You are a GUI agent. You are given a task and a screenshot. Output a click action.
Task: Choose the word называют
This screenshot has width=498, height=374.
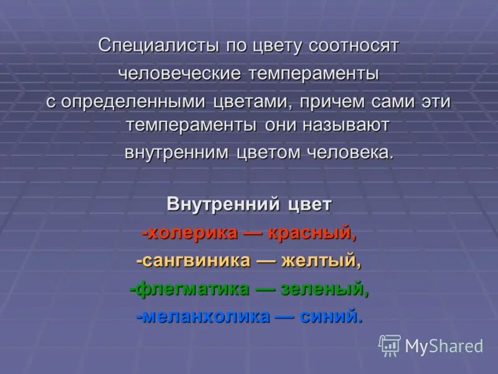point(345,125)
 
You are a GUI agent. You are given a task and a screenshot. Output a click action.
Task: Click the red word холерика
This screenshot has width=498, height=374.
point(190,233)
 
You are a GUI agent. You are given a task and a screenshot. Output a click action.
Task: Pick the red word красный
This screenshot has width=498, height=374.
point(311,233)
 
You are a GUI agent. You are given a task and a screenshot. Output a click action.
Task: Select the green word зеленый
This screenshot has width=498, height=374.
point(324,289)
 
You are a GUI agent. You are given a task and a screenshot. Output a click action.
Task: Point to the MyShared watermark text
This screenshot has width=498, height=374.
point(444,347)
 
